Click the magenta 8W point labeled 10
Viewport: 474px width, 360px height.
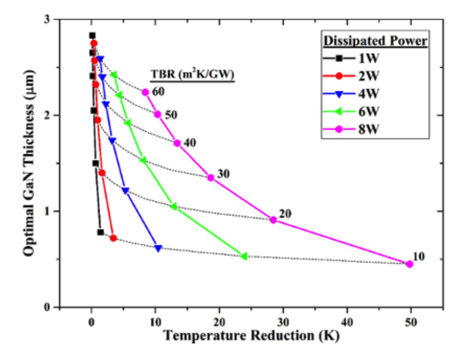[409, 264]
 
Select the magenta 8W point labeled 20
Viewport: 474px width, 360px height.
[274, 220]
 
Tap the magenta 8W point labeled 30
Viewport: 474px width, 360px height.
[211, 177]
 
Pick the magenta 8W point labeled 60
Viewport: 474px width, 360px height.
[145, 92]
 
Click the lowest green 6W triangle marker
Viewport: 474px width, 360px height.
[244, 256]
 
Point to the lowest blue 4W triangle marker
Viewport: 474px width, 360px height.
[158, 248]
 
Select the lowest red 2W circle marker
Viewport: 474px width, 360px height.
[113, 238]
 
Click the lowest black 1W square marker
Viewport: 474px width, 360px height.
[100, 232]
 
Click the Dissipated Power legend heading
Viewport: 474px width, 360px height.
[375, 41]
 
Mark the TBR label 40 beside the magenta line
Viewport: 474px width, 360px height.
[190, 143]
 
